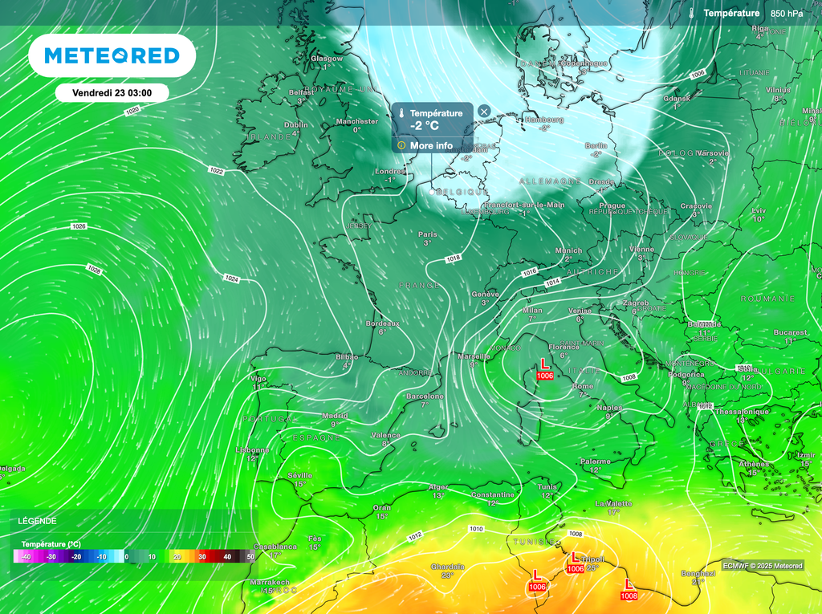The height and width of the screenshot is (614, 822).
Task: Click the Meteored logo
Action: (112, 55)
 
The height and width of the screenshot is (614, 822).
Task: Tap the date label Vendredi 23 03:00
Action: (112, 93)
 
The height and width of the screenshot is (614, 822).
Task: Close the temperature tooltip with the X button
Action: (484, 112)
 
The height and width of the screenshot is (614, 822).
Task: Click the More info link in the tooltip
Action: (431, 145)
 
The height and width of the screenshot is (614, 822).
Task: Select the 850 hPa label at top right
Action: (786, 14)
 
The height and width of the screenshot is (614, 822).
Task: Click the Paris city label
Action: (427, 234)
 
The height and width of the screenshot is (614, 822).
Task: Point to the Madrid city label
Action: (335, 416)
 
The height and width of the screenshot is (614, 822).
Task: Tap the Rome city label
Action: (584, 387)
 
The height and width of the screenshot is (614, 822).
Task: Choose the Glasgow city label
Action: (327, 59)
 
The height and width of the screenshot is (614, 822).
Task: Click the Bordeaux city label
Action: (382, 323)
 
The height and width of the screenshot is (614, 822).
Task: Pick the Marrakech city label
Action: (270, 582)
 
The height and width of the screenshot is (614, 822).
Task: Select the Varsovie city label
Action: (712, 152)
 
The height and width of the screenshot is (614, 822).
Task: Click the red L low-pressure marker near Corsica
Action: (545, 364)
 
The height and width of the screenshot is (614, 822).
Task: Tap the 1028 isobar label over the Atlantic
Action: (95, 270)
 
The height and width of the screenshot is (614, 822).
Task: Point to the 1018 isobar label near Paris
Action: (454, 258)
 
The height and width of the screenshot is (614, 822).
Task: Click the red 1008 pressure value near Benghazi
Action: (629, 596)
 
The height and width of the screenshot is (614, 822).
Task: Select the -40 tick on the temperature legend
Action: (26, 557)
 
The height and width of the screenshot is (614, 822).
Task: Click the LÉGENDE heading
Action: (38, 520)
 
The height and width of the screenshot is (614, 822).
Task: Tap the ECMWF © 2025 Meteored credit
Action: (762, 566)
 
